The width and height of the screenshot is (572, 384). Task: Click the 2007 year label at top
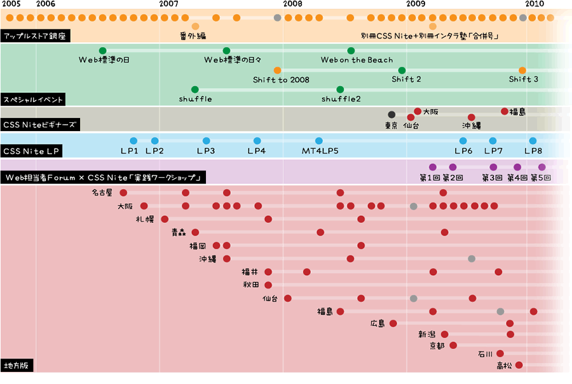click(x=169, y=4)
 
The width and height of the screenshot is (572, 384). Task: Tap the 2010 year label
click(x=535, y=4)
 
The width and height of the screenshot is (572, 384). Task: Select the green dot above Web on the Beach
click(x=351, y=50)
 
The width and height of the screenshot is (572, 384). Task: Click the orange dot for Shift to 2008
click(x=277, y=70)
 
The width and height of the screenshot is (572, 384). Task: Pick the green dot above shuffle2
click(x=340, y=90)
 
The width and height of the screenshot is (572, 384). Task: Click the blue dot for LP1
click(x=133, y=141)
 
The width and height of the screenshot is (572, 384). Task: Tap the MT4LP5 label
click(x=320, y=151)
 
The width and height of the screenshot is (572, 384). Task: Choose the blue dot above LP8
click(x=533, y=141)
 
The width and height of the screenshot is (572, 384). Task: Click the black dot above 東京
click(x=392, y=115)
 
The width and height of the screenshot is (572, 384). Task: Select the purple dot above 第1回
click(x=433, y=167)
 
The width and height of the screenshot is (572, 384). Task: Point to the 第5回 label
click(x=541, y=178)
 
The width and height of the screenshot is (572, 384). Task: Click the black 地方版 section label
click(x=17, y=366)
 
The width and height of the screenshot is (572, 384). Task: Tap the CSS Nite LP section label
click(x=31, y=151)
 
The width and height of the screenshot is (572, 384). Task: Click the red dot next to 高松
click(x=519, y=365)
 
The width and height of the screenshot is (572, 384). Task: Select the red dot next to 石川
click(x=500, y=353)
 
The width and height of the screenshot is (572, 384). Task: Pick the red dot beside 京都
click(x=453, y=345)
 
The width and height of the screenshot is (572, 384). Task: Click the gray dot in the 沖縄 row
click(x=472, y=259)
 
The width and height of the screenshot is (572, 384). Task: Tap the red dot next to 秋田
click(x=268, y=285)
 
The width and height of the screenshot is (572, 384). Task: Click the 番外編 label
click(x=193, y=36)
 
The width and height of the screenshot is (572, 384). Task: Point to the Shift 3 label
click(x=524, y=79)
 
